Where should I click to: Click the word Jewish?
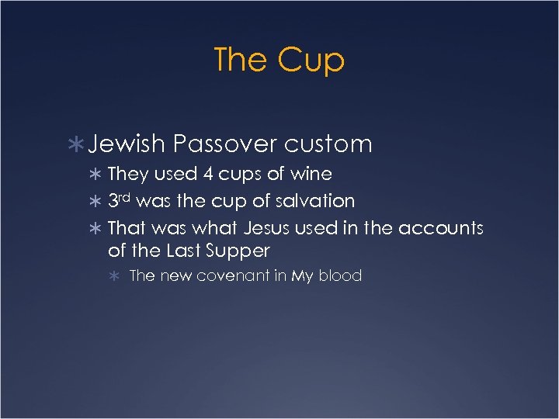(127, 144)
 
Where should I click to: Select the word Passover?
(224, 144)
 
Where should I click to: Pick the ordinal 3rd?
(120, 201)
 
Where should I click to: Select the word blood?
(339, 275)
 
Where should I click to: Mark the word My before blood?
(302, 275)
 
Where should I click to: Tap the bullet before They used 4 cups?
(97, 175)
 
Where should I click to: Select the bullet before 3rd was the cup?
(97, 202)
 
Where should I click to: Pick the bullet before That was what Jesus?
(97, 229)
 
